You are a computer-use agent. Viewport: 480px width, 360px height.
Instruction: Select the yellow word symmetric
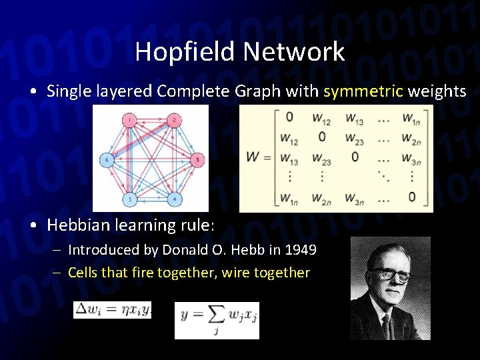363,91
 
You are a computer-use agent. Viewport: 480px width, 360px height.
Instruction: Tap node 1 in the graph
129,120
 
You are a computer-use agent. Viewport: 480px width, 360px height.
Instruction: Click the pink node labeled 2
173,120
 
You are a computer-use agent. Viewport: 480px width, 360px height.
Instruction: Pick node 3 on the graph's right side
197,159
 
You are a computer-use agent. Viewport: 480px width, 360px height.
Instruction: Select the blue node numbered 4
174,199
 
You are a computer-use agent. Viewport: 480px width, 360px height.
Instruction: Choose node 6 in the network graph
106,159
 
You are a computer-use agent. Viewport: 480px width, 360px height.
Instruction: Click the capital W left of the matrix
253,158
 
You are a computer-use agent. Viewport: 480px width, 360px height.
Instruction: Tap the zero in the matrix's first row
289,117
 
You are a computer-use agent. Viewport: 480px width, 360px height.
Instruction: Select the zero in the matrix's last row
411,197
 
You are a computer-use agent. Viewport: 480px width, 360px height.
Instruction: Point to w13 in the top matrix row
355,118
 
